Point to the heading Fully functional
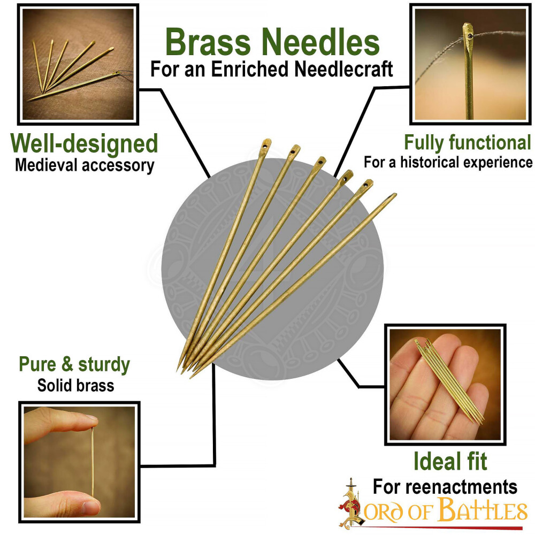(x=467, y=143)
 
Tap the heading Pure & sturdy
(x=74, y=364)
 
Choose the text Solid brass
(x=75, y=385)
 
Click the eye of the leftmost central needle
(x=265, y=144)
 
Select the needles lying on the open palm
(x=449, y=380)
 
